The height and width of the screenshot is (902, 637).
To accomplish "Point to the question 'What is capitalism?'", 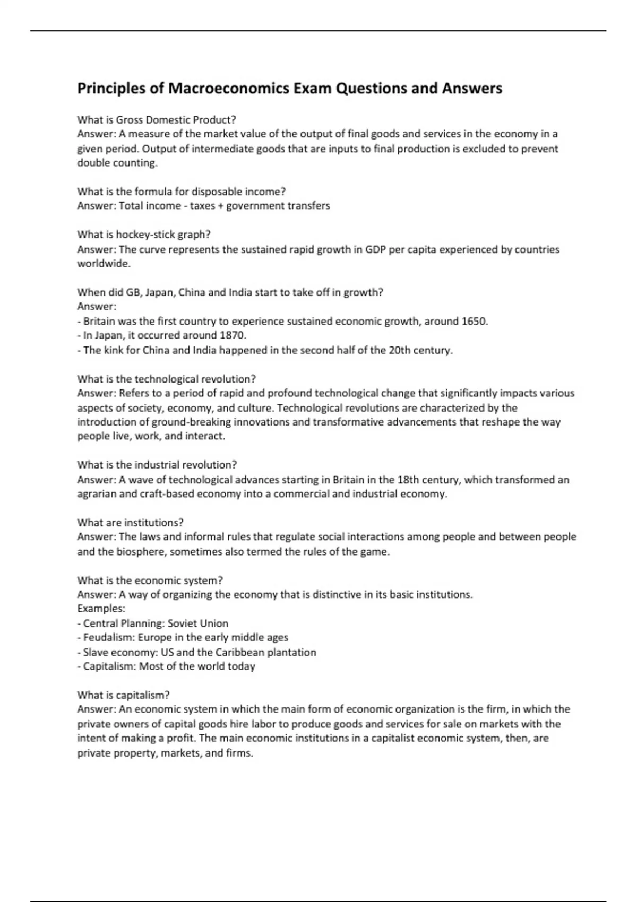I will pyautogui.click(x=123, y=695).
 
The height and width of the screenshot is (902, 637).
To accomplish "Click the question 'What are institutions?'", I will pyautogui.click(x=130, y=523).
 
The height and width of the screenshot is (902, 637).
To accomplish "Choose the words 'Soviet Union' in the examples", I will pyautogui.click(x=198, y=623).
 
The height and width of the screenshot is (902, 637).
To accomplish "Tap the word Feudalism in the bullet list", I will pyautogui.click(x=108, y=637).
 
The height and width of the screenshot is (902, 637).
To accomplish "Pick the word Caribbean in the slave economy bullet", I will pyautogui.click(x=239, y=652).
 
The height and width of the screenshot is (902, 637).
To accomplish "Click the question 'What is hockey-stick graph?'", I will pyautogui.click(x=144, y=235).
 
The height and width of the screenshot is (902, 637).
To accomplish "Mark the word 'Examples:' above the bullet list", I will pyautogui.click(x=101, y=609).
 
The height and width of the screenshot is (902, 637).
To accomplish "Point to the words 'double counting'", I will pyautogui.click(x=117, y=163).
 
